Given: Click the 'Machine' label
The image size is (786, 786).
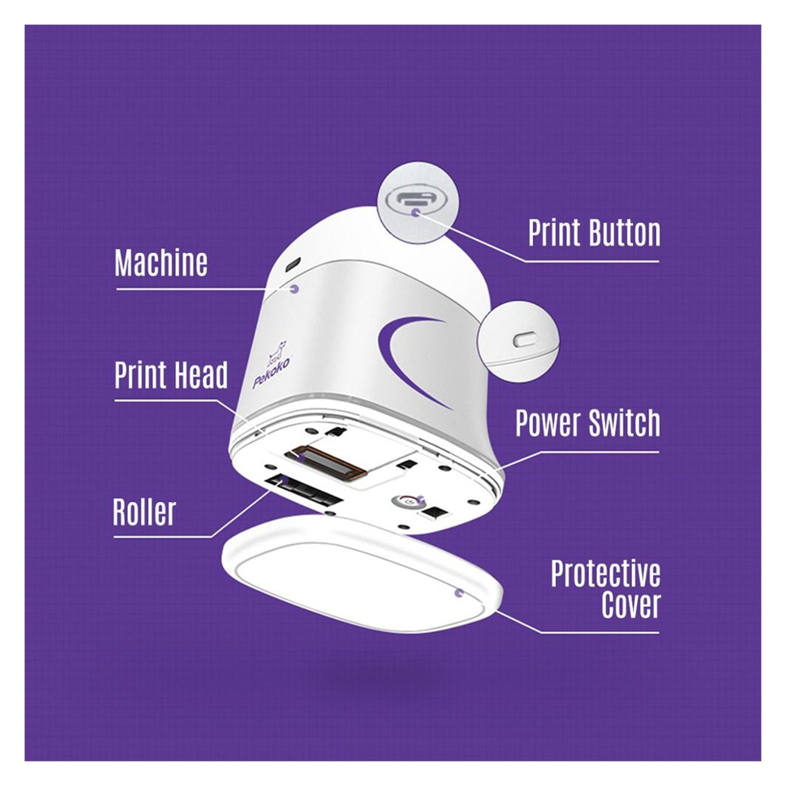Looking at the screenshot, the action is (161, 263).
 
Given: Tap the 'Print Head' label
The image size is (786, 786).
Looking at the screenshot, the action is (171, 375).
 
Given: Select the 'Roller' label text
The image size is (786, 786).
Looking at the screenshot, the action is (144, 512).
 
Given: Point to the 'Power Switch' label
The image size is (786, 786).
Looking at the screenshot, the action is (588, 423).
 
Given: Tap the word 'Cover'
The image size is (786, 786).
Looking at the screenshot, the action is (631, 605).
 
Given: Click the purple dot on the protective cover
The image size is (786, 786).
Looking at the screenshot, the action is (459, 594).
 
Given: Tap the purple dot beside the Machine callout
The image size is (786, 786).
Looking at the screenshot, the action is (295, 289).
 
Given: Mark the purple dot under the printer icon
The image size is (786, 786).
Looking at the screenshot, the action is (416, 213).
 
